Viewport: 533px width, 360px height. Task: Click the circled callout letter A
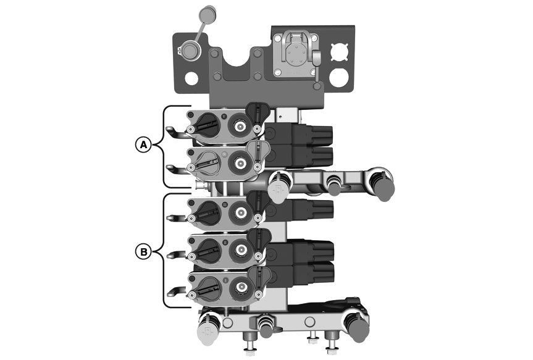click(143, 144)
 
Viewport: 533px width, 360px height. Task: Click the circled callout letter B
click(143, 251)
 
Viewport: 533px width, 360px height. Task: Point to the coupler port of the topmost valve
click(238, 125)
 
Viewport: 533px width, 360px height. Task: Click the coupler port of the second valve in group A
click(238, 162)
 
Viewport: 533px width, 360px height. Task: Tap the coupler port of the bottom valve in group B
click(238, 287)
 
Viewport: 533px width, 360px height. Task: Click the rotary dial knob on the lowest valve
click(208, 287)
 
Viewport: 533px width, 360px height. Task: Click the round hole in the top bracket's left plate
click(191, 78)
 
